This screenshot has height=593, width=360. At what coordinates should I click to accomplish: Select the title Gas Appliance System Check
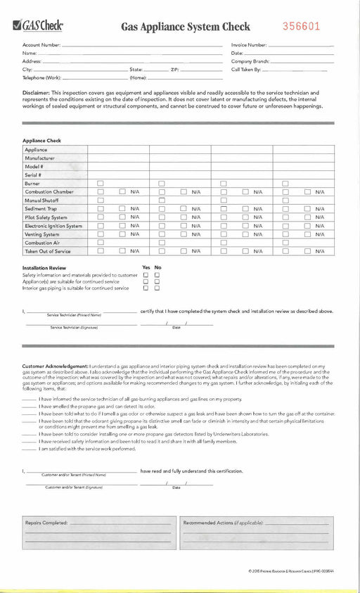(185, 27)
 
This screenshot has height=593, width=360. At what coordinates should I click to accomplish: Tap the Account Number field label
(41, 45)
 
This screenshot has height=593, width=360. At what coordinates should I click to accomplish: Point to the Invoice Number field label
(249, 45)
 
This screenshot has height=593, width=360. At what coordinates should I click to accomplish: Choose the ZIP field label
(174, 70)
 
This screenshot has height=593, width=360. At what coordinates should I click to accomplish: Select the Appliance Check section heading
(41, 141)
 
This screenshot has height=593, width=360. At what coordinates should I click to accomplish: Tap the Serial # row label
(33, 174)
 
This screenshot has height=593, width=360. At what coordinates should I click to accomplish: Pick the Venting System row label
(41, 234)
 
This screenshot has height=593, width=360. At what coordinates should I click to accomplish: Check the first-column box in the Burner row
(101, 183)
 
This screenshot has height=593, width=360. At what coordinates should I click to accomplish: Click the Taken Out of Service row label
(48, 251)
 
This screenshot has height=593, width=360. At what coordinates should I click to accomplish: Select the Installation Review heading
(44, 268)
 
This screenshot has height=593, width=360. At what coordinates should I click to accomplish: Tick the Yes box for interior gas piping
(146, 288)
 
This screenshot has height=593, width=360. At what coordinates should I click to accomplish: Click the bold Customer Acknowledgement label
(55, 366)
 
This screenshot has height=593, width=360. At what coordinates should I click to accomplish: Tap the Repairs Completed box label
(46, 523)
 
